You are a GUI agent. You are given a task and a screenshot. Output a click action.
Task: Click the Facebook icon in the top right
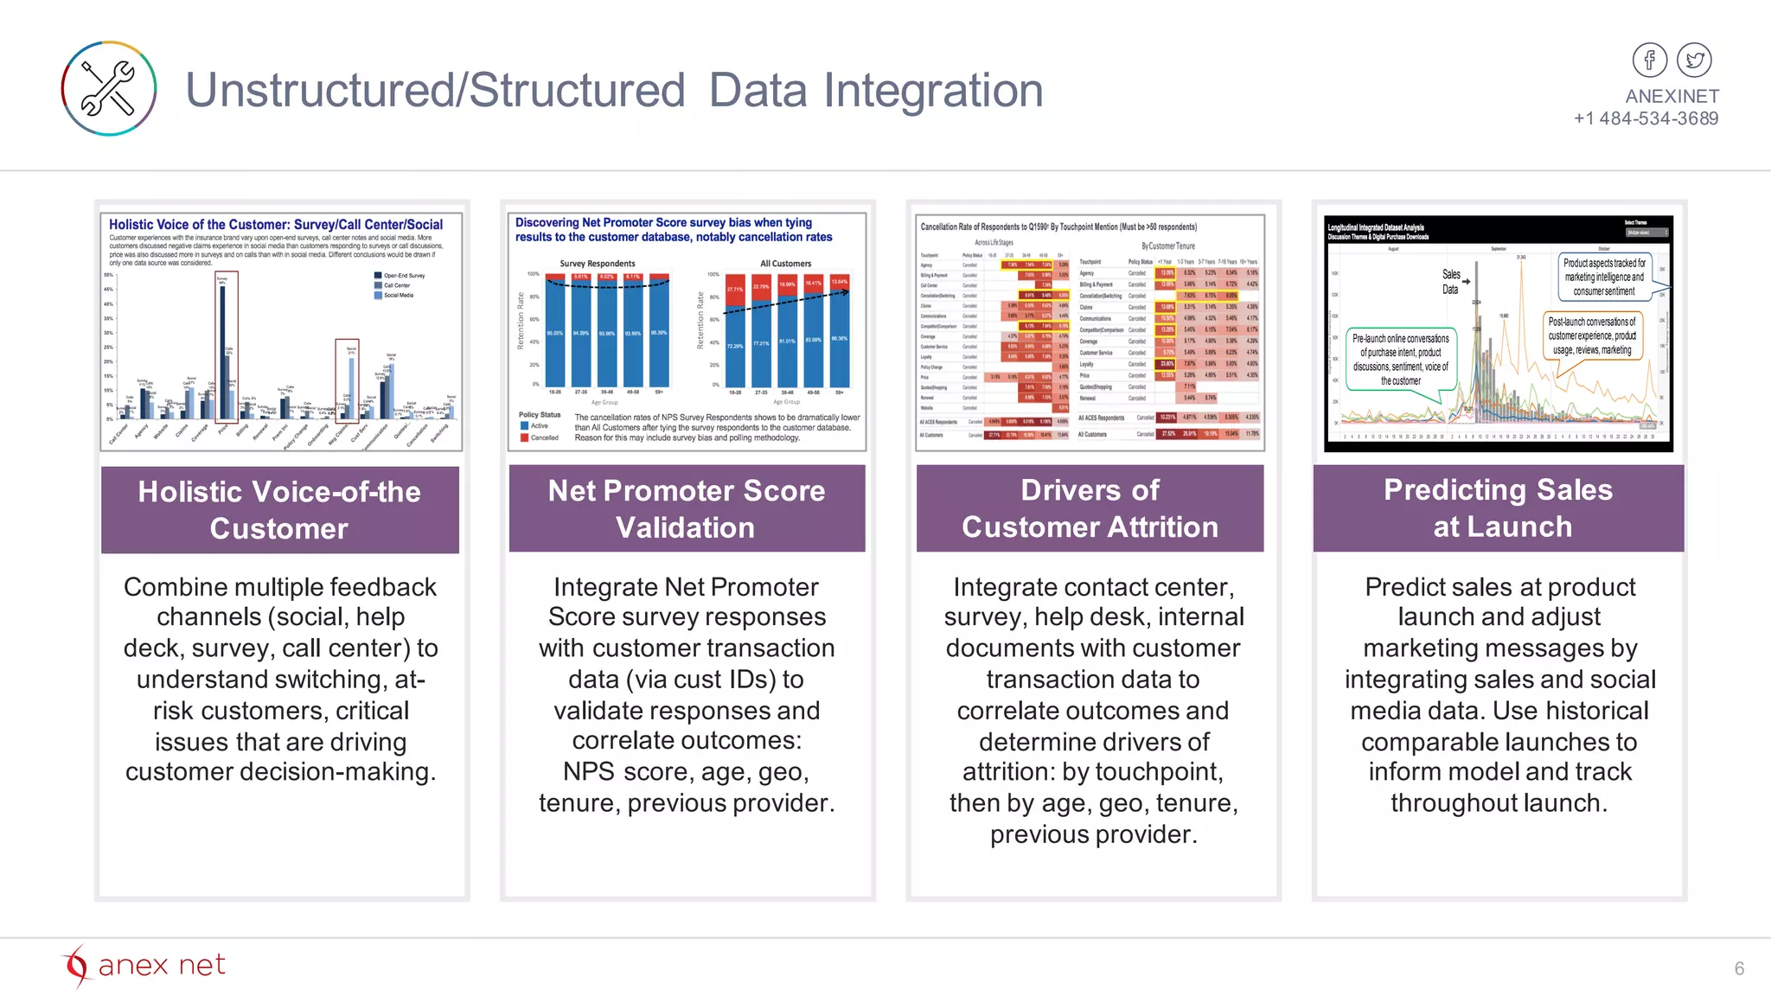1649,61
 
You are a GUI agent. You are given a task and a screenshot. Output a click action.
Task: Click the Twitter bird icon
1694,61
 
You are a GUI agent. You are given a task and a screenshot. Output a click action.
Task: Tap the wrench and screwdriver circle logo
109,88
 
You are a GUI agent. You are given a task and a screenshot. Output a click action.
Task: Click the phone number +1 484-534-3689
1646,118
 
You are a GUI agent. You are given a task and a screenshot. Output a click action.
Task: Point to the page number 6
1739,968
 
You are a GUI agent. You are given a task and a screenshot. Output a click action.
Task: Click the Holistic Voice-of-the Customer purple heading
279,509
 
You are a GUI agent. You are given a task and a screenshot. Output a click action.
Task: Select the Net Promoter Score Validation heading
687,508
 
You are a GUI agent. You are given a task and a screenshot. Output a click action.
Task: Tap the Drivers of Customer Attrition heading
1090,508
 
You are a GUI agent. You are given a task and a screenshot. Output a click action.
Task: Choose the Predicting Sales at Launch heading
1498,508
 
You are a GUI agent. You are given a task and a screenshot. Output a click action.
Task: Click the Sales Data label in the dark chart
1451,282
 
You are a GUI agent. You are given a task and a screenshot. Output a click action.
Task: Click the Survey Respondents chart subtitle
597,264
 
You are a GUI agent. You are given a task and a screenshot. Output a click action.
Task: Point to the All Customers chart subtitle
785,264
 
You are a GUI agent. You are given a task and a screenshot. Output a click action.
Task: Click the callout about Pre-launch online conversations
1400,359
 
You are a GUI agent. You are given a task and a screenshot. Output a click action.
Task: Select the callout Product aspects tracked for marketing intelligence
1604,277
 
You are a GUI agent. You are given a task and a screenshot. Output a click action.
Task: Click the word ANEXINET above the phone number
1672,96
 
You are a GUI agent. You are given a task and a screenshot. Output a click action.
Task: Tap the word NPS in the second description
588,771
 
